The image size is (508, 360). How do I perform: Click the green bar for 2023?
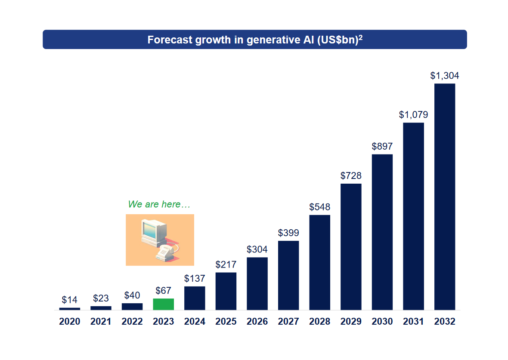tap(164, 304)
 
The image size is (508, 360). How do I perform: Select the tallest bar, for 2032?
tap(445, 197)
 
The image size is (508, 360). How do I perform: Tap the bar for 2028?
tap(319, 262)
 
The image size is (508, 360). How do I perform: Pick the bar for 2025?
tap(226, 291)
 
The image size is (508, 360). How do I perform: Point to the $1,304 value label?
tap(445, 76)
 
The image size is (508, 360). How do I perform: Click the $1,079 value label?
tap(413, 115)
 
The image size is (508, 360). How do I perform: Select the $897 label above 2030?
tap(382, 146)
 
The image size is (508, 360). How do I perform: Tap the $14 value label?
tap(70, 300)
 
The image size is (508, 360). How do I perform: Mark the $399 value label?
tap(288, 233)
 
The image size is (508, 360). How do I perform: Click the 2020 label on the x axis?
tap(70, 322)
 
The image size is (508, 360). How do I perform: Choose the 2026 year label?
tap(257, 322)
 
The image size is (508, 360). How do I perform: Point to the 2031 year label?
tap(413, 322)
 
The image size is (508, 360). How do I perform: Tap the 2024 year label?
tap(195, 322)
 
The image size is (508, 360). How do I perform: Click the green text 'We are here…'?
tap(159, 204)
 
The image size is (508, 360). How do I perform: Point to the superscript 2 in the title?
tap(361, 37)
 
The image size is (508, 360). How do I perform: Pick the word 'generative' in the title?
tap(269, 40)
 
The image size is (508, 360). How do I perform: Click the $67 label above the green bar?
tap(164, 291)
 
